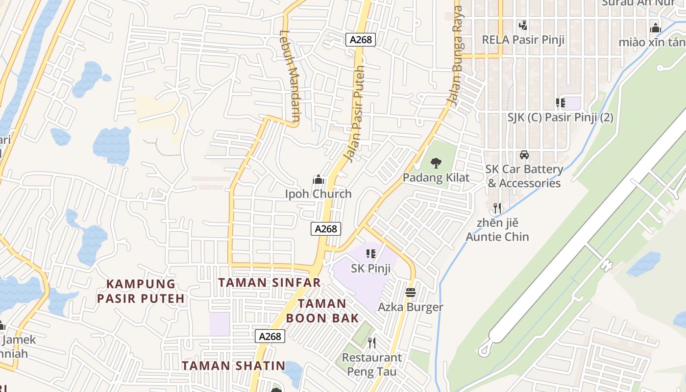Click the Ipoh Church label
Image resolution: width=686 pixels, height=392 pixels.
[318, 194]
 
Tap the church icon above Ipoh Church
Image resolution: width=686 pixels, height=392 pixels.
[318, 180]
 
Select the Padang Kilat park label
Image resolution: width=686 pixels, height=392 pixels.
[436, 178]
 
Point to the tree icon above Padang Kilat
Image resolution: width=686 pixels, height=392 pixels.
[436, 163]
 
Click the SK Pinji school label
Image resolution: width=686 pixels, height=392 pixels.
[370, 269]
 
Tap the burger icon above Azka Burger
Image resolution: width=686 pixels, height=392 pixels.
[411, 293]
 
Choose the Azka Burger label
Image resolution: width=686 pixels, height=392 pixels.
[411, 307]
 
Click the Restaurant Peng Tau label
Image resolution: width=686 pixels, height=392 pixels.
[372, 365]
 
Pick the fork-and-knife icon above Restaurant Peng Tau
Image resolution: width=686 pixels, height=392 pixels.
[372, 343]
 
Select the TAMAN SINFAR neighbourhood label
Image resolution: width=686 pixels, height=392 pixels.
[269, 283]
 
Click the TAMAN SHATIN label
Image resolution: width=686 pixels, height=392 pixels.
[234, 366]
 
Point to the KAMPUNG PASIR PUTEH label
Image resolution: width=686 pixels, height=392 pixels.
[141, 291]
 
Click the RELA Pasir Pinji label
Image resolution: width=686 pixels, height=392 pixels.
[523, 40]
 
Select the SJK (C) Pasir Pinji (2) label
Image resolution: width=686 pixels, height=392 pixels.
[561, 118]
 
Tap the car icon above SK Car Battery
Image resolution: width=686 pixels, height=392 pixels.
[524, 155]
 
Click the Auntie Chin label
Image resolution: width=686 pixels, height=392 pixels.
[497, 237]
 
